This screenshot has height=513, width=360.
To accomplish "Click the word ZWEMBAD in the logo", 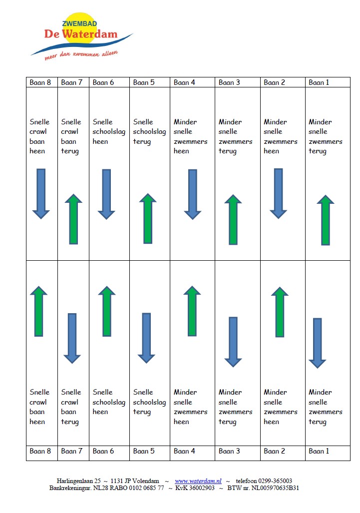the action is [79, 23].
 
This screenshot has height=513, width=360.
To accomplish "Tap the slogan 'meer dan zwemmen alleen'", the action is [81, 55].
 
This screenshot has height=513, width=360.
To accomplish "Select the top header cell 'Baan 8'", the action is [42, 82].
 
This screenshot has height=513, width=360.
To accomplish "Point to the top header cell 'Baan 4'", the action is [192, 82].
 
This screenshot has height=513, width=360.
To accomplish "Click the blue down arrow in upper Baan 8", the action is [41, 194].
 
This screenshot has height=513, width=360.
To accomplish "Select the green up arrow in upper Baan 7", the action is [73, 219].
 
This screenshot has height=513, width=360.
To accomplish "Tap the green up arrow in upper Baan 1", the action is [326, 220].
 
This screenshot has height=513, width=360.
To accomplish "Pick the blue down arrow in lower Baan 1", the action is [318, 343].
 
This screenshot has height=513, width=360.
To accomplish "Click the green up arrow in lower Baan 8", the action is [38, 312].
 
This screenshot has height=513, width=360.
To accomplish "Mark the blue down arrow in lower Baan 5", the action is [146, 338].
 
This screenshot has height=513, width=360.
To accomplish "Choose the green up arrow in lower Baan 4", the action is [192, 311].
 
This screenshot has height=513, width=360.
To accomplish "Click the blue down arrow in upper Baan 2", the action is [278, 194].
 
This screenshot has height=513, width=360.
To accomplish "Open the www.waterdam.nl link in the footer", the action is [198, 481].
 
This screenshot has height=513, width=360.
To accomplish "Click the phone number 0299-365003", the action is [275, 481].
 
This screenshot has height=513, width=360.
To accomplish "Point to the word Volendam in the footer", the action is [146, 481].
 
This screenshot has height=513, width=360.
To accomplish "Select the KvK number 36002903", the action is [202, 488].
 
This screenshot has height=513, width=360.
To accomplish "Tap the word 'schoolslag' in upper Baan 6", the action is [109, 132].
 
